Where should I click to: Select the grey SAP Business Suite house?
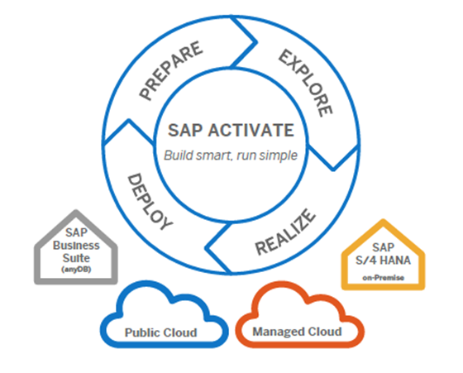[72, 249]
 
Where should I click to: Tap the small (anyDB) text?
[72, 270]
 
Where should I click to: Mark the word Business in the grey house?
[73, 246]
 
